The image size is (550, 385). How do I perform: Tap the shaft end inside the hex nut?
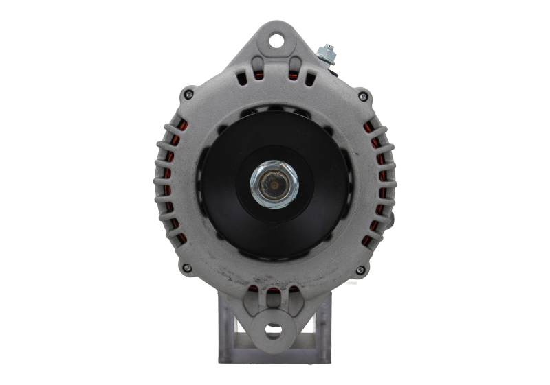[276, 184]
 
